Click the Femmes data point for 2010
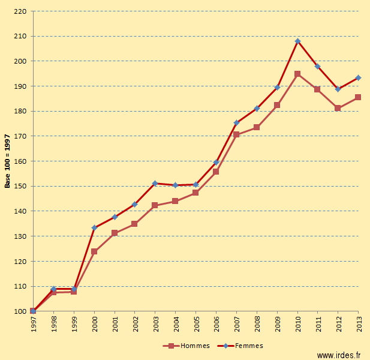click(x=297, y=41)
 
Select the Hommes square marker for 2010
click(x=297, y=74)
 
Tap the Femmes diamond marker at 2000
click(x=94, y=228)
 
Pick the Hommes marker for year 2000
click(x=94, y=251)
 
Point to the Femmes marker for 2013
click(x=358, y=77)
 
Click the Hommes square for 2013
click(x=358, y=97)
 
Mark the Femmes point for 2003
click(x=155, y=184)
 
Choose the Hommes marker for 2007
click(x=236, y=134)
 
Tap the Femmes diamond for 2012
click(x=338, y=89)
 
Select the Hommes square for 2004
click(x=175, y=201)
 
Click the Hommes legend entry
click(x=186, y=346)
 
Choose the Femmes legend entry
click(x=240, y=346)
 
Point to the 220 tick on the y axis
click(x=20, y=11)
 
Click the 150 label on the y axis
click(x=20, y=186)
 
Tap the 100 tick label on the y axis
click(x=20, y=311)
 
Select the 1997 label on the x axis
click(x=34, y=324)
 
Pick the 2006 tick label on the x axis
click(x=216, y=324)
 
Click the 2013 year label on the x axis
click(x=359, y=324)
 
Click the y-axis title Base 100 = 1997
click(x=7, y=161)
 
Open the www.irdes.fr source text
click(x=339, y=355)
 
